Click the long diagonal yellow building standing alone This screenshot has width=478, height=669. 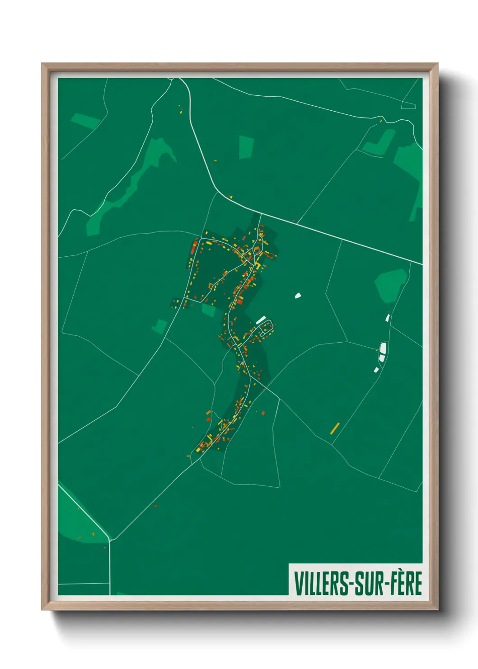click(x=335, y=428)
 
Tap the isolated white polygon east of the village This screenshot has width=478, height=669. click(x=298, y=296)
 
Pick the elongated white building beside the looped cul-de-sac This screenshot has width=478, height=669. click(x=261, y=320)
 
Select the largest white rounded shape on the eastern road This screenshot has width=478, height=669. click(x=383, y=349)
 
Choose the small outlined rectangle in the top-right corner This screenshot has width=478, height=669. click(x=408, y=106)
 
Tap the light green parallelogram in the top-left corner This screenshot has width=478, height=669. click(x=84, y=121)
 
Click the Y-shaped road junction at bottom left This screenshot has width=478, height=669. click(x=109, y=539)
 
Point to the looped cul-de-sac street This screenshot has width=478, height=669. click(x=266, y=327)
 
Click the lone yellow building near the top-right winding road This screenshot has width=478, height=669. click(x=381, y=121)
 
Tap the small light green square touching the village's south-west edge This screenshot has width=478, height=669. click(x=208, y=310)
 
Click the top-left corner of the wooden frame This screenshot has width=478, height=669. click(x=43, y=65)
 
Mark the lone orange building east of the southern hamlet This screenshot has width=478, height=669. click(x=263, y=413)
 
